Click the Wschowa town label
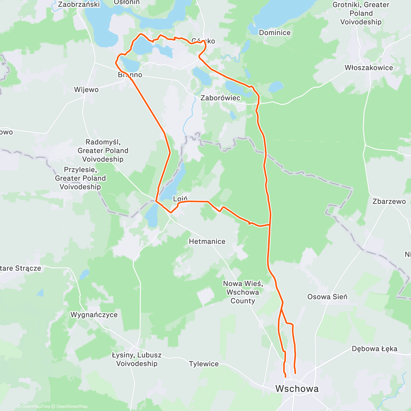[x=297, y=388]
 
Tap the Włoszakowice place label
[x=369, y=67]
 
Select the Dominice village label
[x=274, y=33]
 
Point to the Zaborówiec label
[x=220, y=98]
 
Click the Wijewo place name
[x=86, y=90]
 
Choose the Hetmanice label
[x=207, y=241]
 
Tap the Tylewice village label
[x=203, y=364]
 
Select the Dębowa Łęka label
[x=374, y=349]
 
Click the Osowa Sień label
[x=327, y=297]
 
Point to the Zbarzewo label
[x=389, y=201]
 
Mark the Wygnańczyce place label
[x=94, y=315]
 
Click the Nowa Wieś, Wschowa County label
[x=242, y=292]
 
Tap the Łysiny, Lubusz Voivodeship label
[x=137, y=359]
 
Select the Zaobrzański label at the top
[x=79, y=4]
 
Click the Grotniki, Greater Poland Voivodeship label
[x=361, y=13]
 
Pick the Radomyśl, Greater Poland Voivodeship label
[x=103, y=150]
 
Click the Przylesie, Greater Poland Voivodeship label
[x=80, y=178]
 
